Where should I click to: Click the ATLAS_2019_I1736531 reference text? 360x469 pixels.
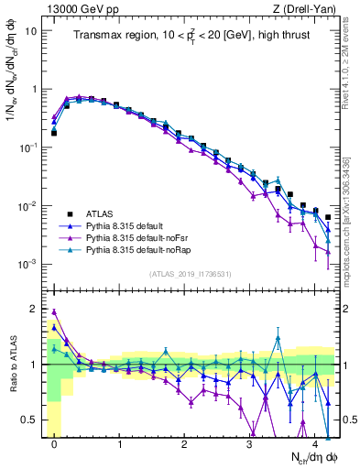tap(190, 273)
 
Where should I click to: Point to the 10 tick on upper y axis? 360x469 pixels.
tap(31, 30)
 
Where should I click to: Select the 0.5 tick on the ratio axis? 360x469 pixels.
tap(29, 420)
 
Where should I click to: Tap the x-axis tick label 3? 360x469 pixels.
tap(250, 442)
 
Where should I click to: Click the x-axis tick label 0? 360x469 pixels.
tap(54, 442)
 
